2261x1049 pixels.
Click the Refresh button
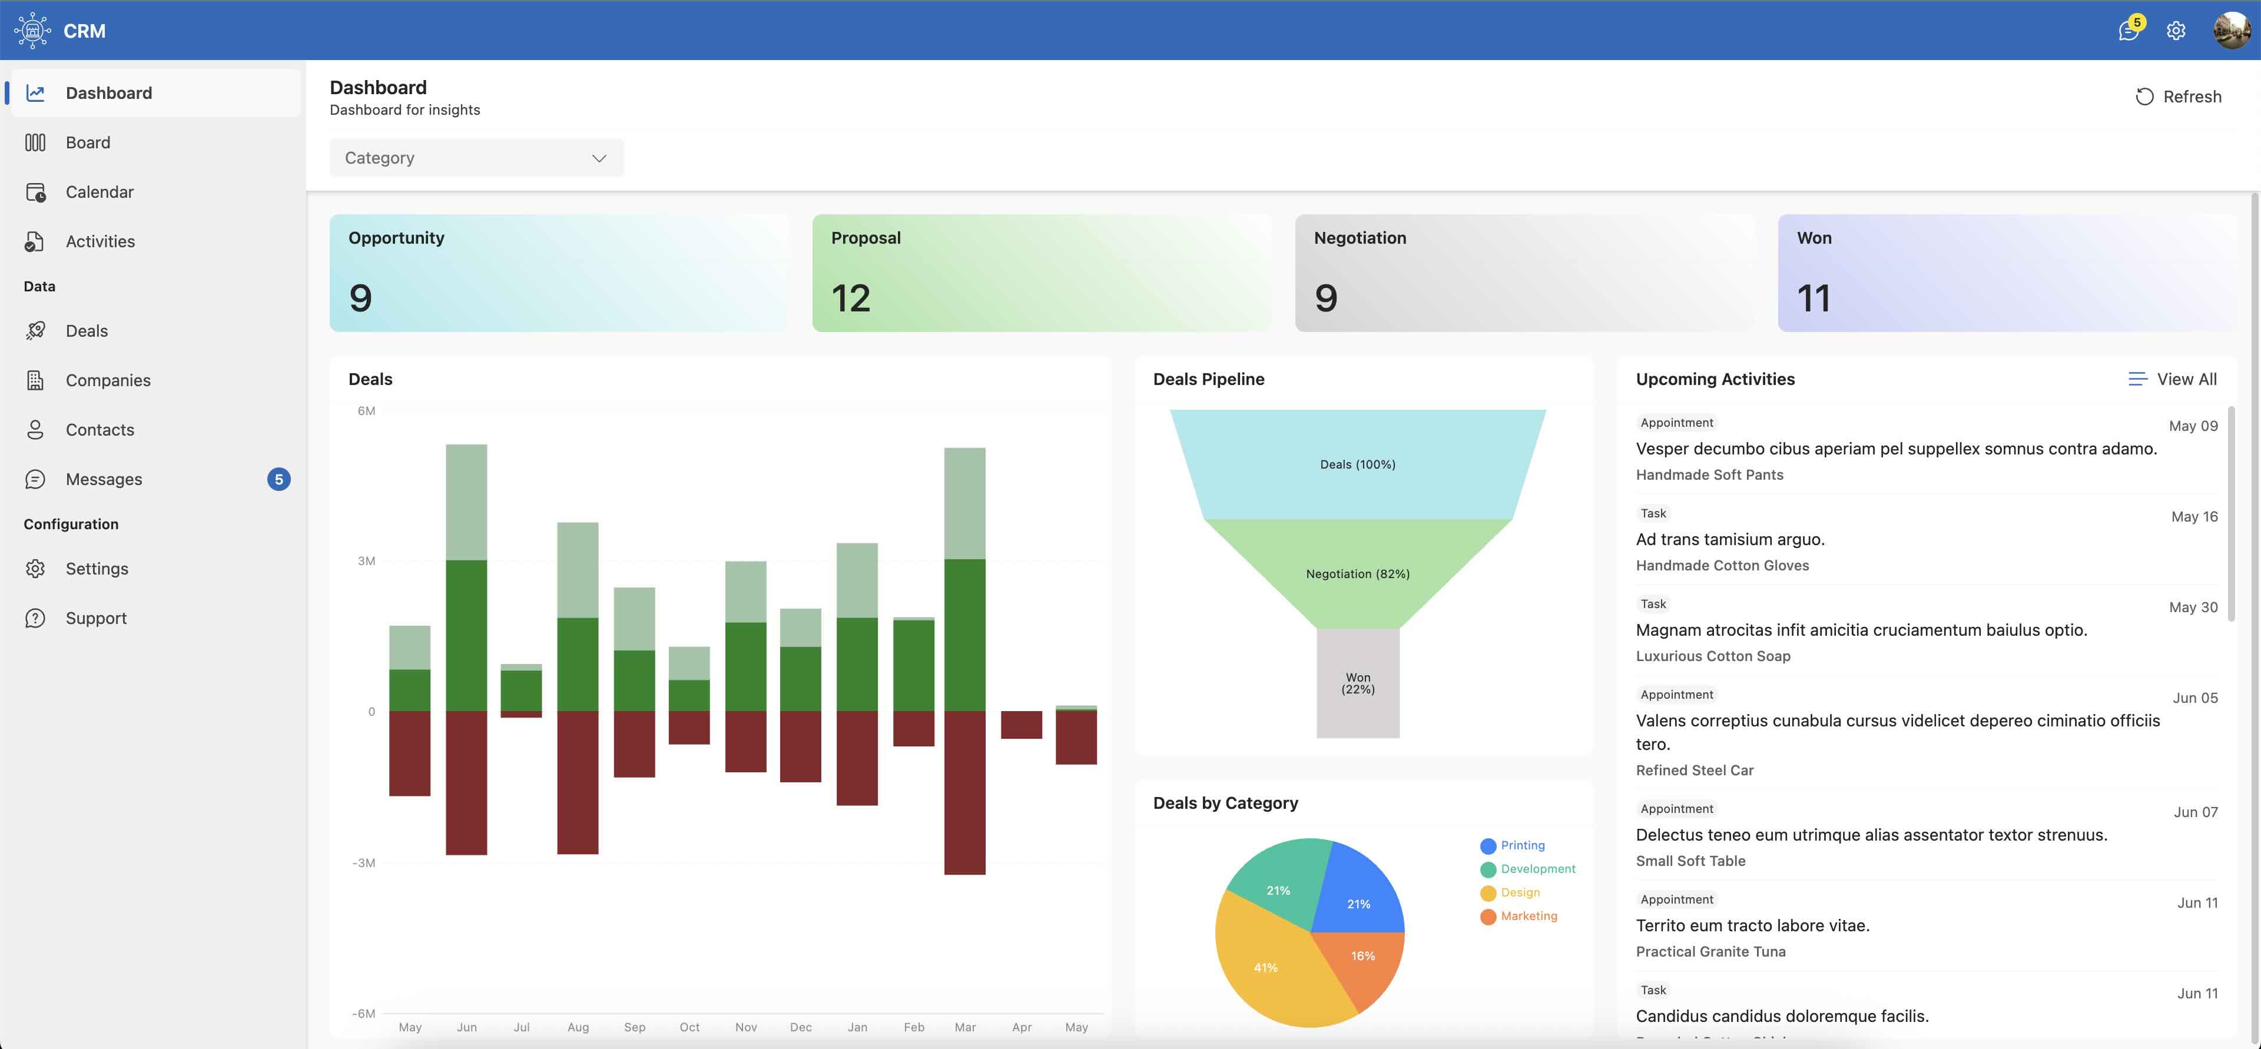click(2179, 97)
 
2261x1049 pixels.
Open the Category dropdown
click(476, 158)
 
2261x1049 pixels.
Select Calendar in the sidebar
click(99, 192)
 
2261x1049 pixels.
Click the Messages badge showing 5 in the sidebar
click(279, 479)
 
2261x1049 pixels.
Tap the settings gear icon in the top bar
click(2175, 31)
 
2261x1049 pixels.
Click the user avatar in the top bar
click(2230, 31)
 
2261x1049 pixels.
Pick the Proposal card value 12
click(850, 298)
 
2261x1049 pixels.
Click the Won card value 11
click(1814, 298)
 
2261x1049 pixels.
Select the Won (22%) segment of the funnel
click(1357, 683)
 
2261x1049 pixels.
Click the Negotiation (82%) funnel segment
click(1357, 573)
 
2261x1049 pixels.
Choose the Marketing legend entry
click(1528, 915)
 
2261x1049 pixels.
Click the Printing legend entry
click(1522, 845)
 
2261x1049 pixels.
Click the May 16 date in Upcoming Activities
click(2193, 517)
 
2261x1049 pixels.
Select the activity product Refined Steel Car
click(1694, 770)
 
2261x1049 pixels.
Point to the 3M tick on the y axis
click(366, 561)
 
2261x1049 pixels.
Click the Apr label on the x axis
click(1021, 1027)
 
